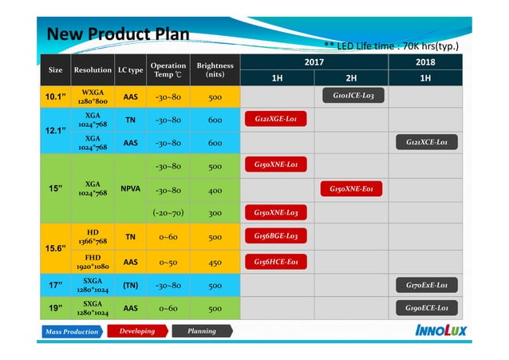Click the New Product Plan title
117,34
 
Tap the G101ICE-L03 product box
352,97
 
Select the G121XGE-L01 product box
275,120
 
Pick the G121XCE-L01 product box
427,143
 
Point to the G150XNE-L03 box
275,212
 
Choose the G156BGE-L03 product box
275,236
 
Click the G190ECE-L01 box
427,307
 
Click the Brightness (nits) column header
215,69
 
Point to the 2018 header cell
426,61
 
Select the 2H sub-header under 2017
352,78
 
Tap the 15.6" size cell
55,248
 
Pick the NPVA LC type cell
130,190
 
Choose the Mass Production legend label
71,331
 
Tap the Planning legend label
201,330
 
